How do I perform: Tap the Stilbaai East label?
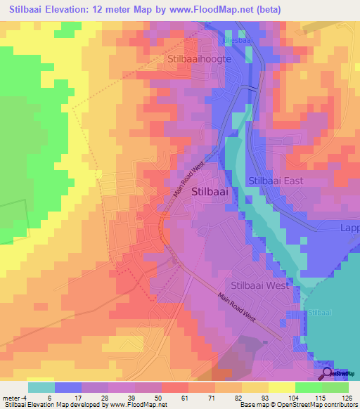[x=276, y=181]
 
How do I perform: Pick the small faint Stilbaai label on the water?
[x=319, y=312]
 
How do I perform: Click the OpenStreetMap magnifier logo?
[x=328, y=373]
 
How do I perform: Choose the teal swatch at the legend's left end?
[x=41, y=387]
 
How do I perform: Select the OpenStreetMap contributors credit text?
[x=319, y=405]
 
